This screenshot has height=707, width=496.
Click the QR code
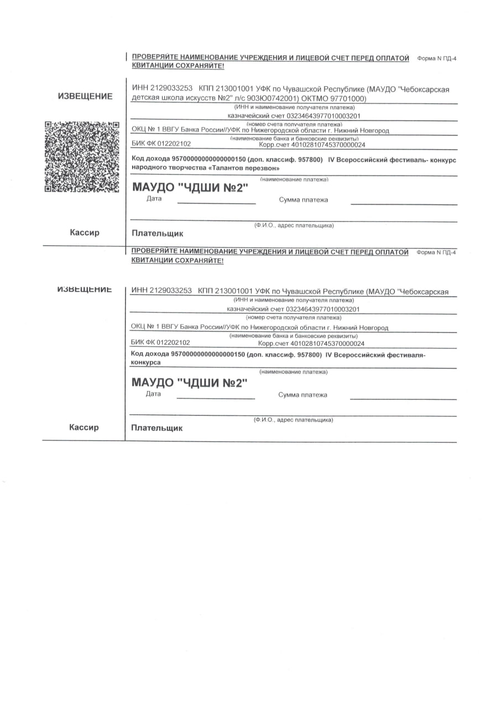coord(81,156)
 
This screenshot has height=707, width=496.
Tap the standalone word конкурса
coord(145,362)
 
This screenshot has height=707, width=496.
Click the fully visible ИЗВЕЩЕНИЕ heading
coord(85,96)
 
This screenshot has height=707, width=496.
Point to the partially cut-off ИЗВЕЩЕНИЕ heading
coord(85,289)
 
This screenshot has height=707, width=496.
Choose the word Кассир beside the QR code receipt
coord(85,233)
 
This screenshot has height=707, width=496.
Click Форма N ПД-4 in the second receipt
coord(436,252)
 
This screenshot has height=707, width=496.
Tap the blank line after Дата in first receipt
coord(216,203)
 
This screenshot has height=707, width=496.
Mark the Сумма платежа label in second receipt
coord(302,395)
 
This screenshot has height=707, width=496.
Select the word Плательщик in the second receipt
coord(156,428)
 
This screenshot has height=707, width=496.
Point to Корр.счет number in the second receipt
coord(327,343)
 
